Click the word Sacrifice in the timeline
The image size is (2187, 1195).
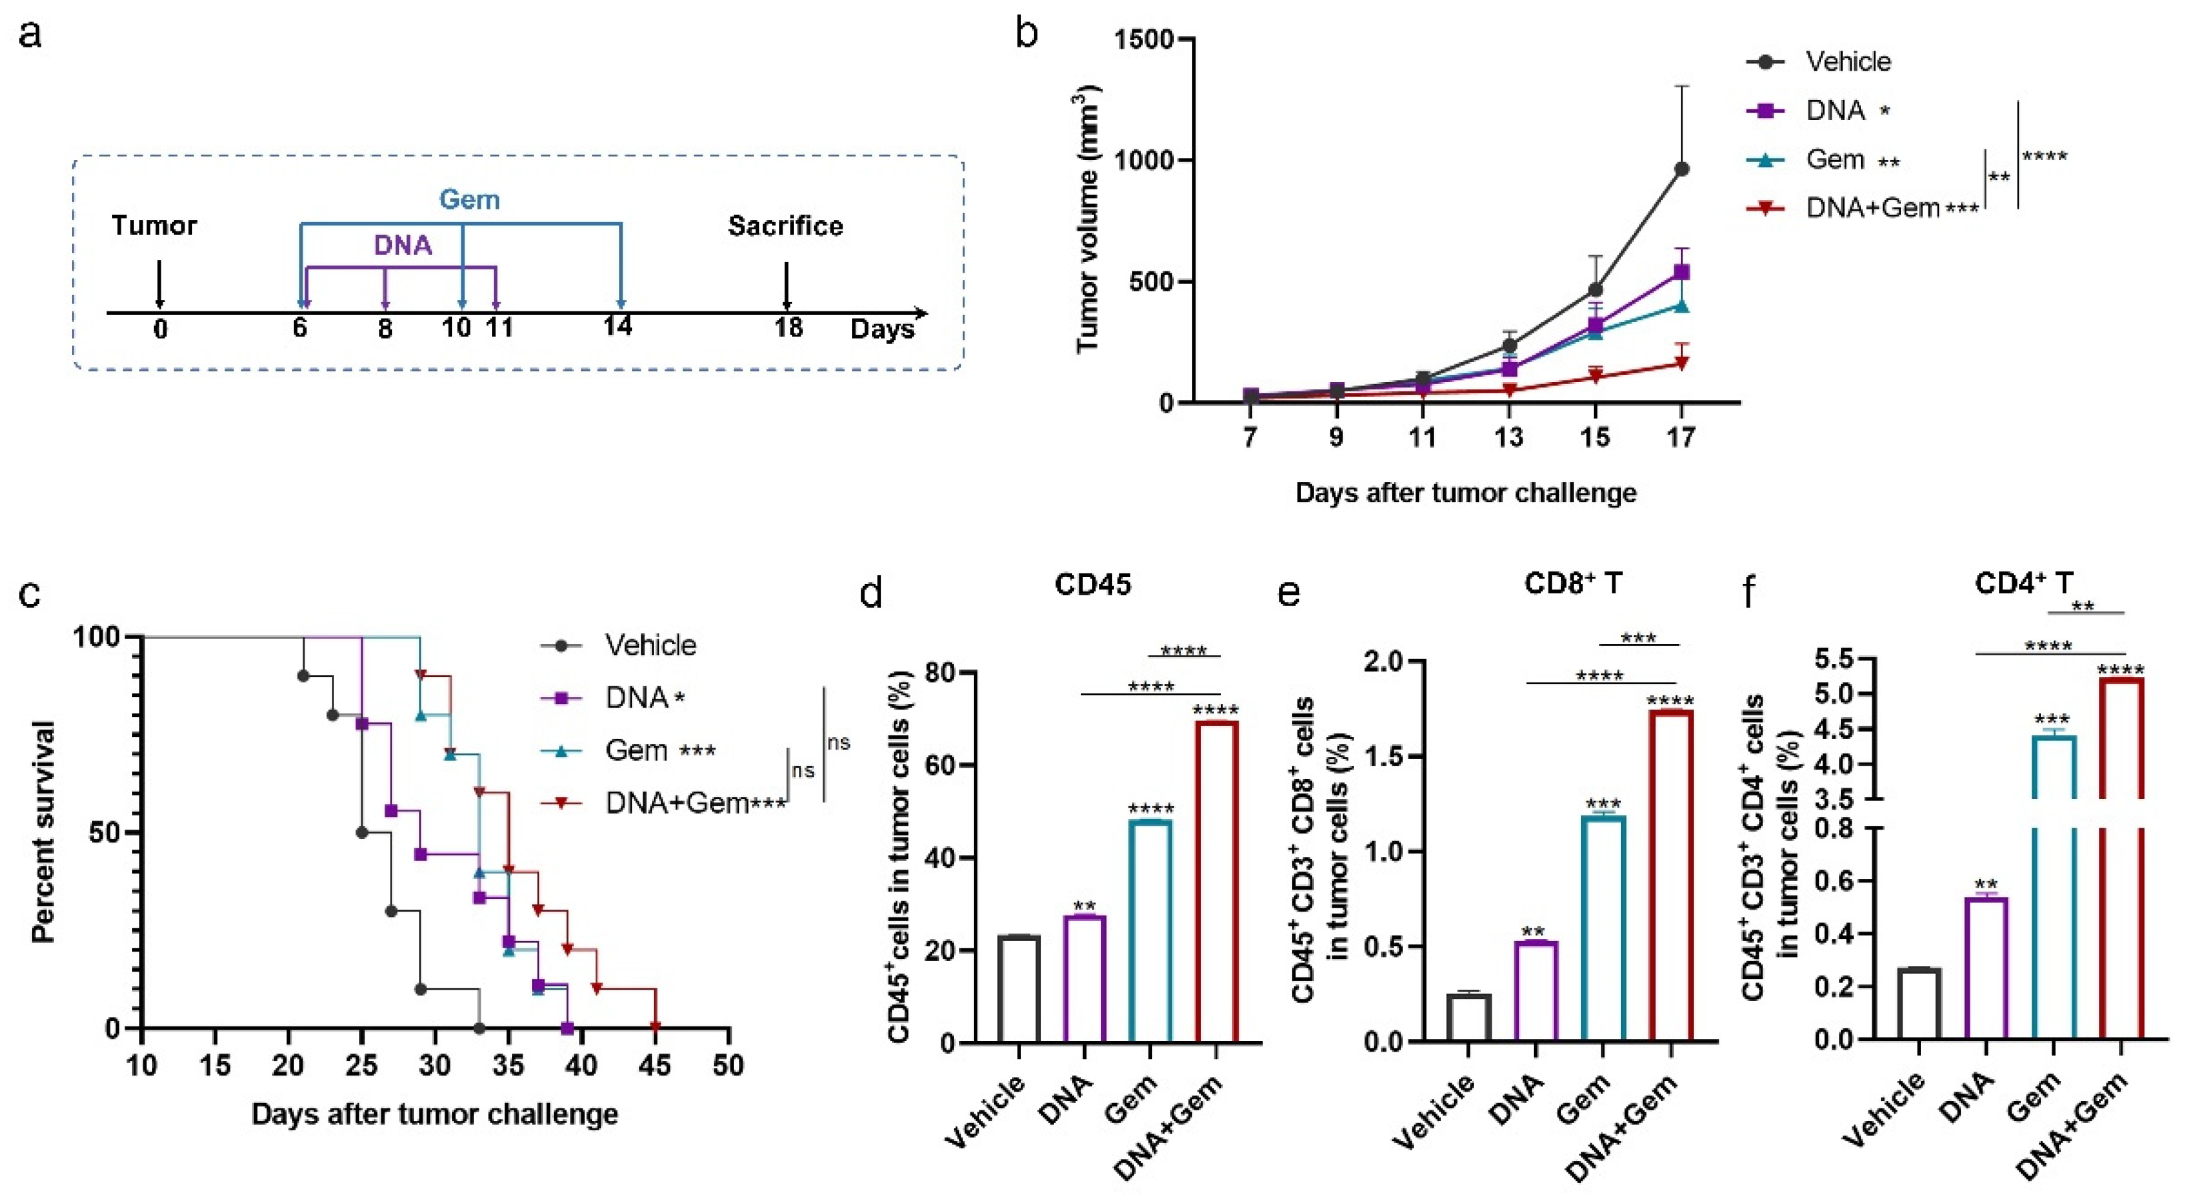785,226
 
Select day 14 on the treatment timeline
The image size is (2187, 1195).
618,326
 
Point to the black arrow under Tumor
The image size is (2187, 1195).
159,285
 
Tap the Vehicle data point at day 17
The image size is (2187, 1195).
1681,169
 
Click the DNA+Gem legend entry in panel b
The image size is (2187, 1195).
1872,208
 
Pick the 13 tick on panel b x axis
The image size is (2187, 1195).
1508,437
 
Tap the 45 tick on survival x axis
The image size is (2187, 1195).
655,1065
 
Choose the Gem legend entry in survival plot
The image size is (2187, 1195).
636,751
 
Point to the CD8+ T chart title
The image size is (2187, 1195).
1572,584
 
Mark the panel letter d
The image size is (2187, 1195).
871,592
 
